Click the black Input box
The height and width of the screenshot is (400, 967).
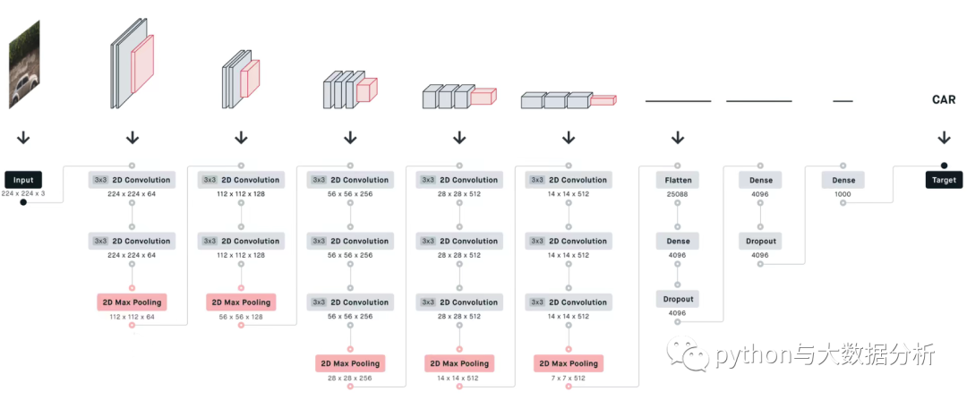23,180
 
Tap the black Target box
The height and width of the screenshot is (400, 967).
944,180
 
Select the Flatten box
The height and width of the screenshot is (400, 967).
679,180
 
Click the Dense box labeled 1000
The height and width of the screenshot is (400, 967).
843,180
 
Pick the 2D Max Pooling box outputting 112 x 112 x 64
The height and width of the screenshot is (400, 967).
132,302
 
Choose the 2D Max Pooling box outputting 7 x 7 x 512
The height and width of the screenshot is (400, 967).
569,363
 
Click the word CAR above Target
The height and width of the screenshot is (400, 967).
944,99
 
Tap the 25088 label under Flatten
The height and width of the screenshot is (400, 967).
679,194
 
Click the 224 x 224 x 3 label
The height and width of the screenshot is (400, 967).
23,193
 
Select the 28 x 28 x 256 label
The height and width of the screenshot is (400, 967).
350,378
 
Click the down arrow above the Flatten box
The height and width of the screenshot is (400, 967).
678,138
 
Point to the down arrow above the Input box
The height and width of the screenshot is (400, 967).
23,138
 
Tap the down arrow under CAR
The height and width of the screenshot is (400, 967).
944,138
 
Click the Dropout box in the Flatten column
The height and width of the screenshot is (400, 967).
679,299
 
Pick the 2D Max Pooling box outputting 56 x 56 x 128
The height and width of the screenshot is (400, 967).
241,302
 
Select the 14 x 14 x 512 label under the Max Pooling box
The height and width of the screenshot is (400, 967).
459,378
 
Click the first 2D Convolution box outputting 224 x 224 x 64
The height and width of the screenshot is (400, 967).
132,180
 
